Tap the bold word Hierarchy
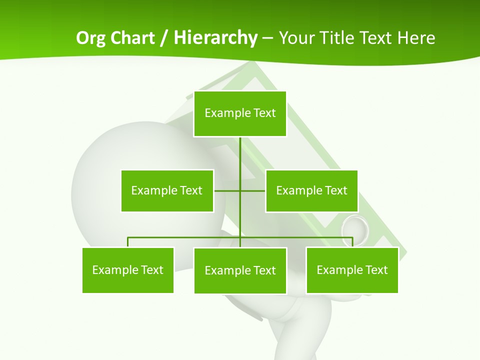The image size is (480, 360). [215, 38]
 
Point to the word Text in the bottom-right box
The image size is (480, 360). [376, 270]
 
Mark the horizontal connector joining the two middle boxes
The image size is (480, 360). [227, 190]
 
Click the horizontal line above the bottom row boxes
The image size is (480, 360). [185, 237]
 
